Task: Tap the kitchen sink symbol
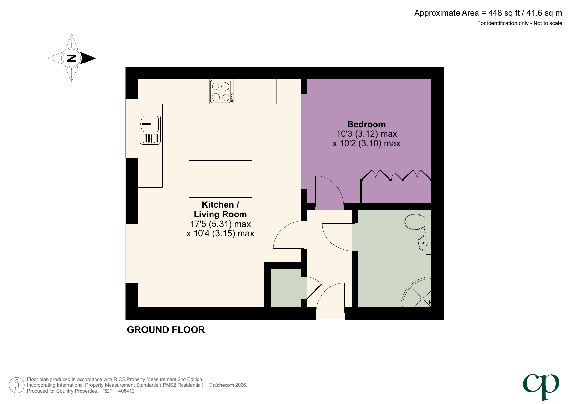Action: pyautogui.click(x=150, y=129)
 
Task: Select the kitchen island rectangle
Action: pyautogui.click(x=220, y=179)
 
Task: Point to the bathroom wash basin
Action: pyautogui.click(x=424, y=243)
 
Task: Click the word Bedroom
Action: pyautogui.click(x=366, y=124)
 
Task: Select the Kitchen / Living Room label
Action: pyautogui.click(x=220, y=209)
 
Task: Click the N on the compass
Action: pyautogui.click(x=72, y=58)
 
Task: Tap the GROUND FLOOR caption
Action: pyautogui.click(x=166, y=330)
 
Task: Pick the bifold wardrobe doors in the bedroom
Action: pyautogui.click(x=396, y=175)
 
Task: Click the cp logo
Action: pyautogui.click(x=541, y=386)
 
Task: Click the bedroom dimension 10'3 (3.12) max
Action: pyautogui.click(x=366, y=134)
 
